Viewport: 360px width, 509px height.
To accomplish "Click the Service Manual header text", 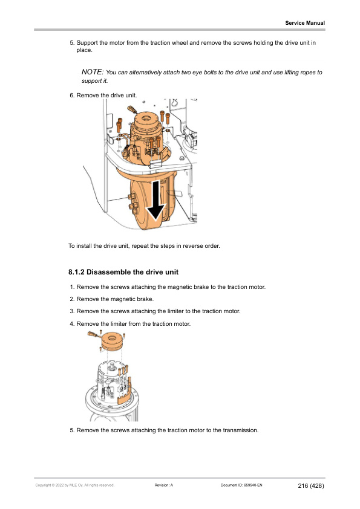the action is pos(305,23).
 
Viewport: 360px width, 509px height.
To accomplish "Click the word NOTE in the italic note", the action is pos(93,72).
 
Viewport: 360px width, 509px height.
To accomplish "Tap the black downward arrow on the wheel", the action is pos(156,201).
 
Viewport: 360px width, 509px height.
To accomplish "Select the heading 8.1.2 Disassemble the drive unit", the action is pos(123,272).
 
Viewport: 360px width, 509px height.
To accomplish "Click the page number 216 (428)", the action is pos(311,485).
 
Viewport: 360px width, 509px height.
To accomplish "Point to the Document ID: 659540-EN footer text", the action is pos(241,485).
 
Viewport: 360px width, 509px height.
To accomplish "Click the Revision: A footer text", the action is pos(164,485).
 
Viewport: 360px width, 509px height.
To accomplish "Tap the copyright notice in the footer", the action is pos(75,485).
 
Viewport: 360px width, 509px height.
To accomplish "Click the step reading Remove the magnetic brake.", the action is pos(115,299).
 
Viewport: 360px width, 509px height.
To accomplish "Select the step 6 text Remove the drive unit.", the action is pos(106,96).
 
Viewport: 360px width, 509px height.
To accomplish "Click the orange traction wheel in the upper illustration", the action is pos(149,205).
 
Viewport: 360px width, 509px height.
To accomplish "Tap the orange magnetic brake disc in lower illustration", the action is pos(111,340).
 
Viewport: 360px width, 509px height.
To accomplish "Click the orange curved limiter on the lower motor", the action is pos(125,392).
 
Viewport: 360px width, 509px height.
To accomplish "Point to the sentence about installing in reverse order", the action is pos(144,246).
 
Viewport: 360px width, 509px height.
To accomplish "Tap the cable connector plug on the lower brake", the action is pos(93,334).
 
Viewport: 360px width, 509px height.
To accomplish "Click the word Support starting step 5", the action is pos(87,43).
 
